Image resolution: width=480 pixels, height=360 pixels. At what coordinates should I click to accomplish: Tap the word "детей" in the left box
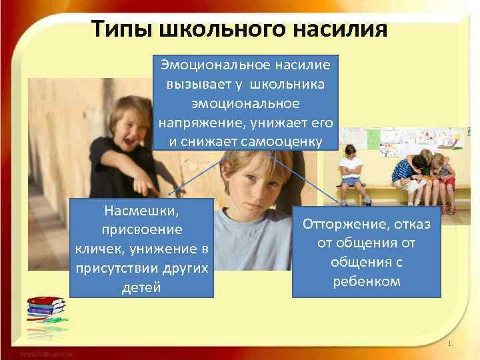pos(142,287)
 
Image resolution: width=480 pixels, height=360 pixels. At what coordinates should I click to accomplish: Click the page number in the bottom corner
pos(451,344)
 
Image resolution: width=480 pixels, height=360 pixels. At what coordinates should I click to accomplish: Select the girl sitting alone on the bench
pos(349,171)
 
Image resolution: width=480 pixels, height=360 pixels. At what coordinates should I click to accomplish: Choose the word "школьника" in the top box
pos(290,85)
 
